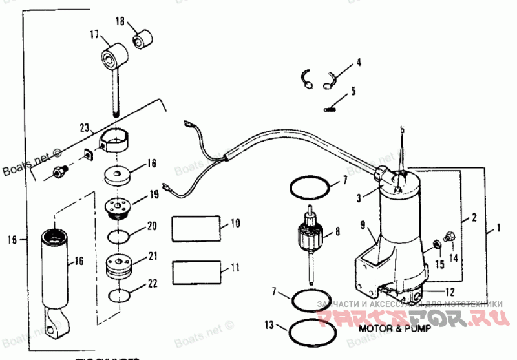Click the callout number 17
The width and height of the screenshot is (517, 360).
pyautogui.click(x=94, y=34)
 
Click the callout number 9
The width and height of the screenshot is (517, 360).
pyautogui.click(x=363, y=225)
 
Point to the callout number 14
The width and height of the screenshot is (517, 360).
pyautogui.click(x=452, y=257)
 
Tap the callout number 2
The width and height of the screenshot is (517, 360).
pyautogui.click(x=474, y=218)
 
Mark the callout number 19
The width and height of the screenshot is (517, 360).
pyautogui.click(x=154, y=193)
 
